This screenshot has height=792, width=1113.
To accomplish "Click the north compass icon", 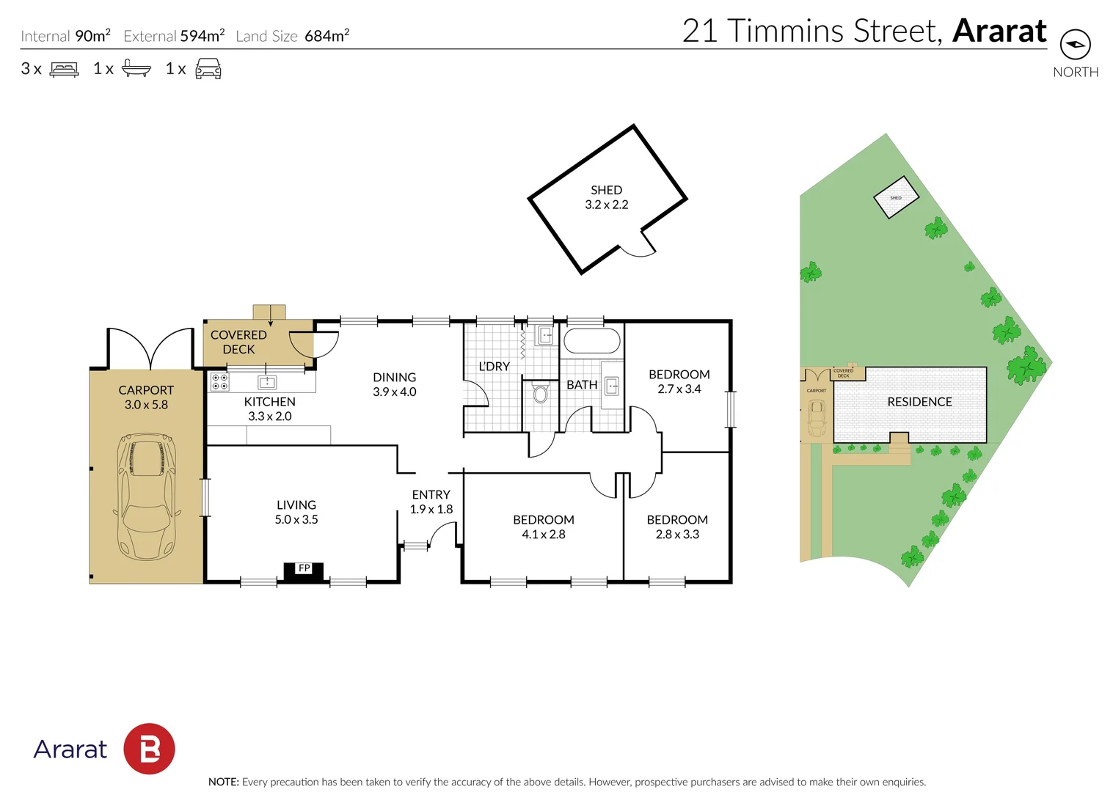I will click(x=1075, y=45).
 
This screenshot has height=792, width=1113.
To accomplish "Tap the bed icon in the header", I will click(x=64, y=70).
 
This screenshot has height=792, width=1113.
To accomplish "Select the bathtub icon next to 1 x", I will click(x=136, y=68).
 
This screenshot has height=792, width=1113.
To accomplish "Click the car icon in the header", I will click(x=208, y=69).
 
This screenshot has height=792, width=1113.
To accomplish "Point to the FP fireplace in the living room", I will click(x=304, y=571).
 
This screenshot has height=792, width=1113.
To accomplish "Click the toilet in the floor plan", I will click(x=541, y=395).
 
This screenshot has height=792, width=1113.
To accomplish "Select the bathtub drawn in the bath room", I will click(x=591, y=341).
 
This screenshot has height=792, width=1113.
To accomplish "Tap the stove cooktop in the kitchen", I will click(x=219, y=381).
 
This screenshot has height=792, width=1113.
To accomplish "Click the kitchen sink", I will click(x=267, y=381).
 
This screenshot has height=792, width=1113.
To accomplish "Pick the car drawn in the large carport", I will click(x=147, y=496).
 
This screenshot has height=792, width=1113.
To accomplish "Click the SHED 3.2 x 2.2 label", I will click(x=606, y=197).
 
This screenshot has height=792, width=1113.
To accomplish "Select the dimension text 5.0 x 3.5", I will click(x=296, y=520).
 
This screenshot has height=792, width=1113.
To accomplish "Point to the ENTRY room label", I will click(x=431, y=495).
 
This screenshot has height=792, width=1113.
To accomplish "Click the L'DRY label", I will click(x=494, y=366).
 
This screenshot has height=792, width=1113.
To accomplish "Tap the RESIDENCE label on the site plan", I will click(x=919, y=402).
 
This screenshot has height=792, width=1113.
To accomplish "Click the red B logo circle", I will click(x=149, y=749).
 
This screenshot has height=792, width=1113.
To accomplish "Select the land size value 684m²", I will click(x=326, y=36).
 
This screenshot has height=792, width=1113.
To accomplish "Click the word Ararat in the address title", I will click(x=999, y=32).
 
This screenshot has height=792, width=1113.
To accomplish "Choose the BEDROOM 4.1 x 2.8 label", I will click(x=544, y=527).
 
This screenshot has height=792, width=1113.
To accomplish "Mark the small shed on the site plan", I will click(x=896, y=197).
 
